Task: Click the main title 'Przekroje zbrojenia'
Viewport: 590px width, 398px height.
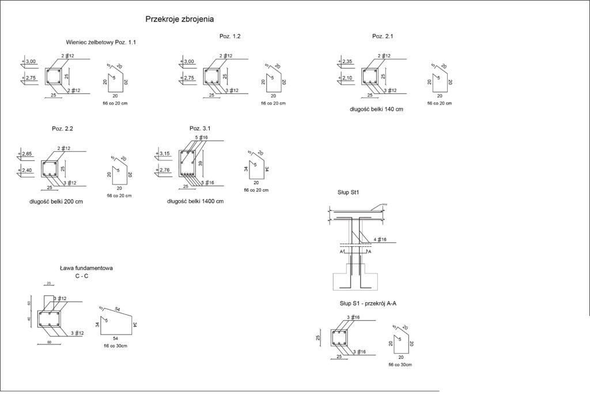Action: point(180,19)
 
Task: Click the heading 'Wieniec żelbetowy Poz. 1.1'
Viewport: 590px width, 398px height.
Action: point(101,42)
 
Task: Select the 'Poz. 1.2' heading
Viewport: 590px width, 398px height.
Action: point(230,36)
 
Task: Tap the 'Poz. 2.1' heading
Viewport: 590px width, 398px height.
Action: point(383,36)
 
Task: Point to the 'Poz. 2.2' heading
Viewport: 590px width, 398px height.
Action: point(62,128)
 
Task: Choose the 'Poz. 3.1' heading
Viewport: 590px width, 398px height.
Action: point(199,128)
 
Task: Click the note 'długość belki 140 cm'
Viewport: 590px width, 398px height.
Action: point(376,108)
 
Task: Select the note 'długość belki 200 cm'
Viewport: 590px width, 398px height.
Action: point(55,201)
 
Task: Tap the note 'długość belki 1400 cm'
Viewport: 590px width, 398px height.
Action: point(195,201)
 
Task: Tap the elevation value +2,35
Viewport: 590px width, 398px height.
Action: point(347,62)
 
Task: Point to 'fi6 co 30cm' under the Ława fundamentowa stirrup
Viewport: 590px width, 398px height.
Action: point(115,346)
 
